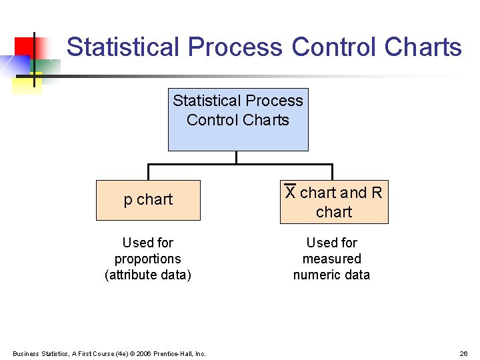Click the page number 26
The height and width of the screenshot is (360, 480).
click(x=463, y=353)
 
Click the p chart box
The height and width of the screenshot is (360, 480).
click(x=148, y=200)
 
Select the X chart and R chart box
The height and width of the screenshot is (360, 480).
click(x=333, y=201)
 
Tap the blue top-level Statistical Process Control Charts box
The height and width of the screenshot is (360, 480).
click(x=238, y=119)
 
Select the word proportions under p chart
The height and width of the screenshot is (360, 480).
click(x=148, y=259)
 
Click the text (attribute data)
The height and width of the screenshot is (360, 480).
click(x=148, y=275)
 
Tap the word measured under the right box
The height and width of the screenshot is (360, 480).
click(x=331, y=259)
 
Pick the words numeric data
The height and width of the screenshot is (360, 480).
click(x=331, y=275)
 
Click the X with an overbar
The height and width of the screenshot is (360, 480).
click(x=291, y=192)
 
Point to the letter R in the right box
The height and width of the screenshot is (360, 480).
click(x=377, y=193)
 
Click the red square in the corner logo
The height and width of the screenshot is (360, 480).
click(x=24, y=47)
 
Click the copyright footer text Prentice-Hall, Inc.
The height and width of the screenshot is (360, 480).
click(x=179, y=353)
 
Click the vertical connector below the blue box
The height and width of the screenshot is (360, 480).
click(x=237, y=157)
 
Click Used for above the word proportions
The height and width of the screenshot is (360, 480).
click(x=148, y=243)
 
